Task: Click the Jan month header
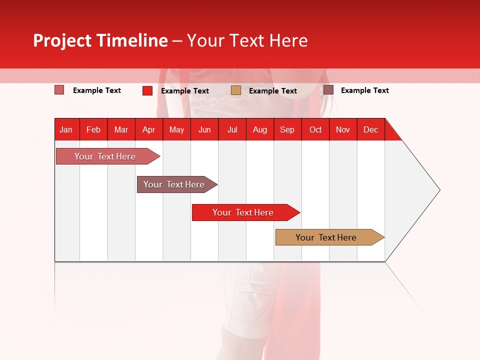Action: coord(66,129)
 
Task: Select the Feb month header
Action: coord(93,129)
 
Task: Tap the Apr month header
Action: coord(148,129)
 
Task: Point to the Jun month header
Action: coord(204,129)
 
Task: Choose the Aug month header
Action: coord(259,129)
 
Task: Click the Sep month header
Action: coord(287,129)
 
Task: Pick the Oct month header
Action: coord(315,129)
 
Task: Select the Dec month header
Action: coord(370,129)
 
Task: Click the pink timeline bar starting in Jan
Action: coord(105,156)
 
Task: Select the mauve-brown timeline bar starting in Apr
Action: coord(174,184)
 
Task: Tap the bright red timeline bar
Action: coord(243,212)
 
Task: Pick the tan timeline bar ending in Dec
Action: coord(326,237)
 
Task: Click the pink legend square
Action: coord(59,90)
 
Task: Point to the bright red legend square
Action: coord(147,90)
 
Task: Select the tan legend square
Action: coord(236,90)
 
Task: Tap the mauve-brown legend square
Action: coord(328,90)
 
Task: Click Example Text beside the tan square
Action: coord(273,91)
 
